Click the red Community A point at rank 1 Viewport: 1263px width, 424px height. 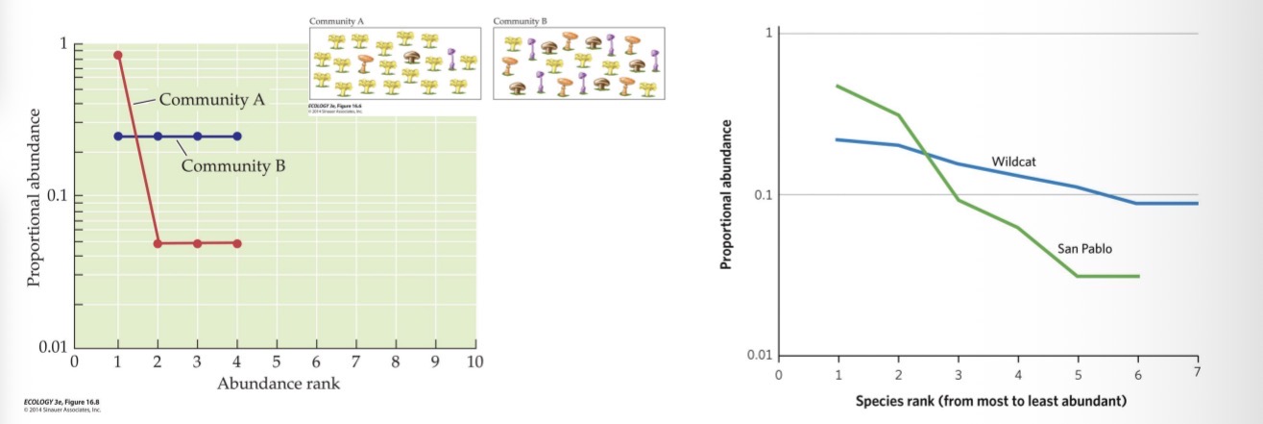pos(118,55)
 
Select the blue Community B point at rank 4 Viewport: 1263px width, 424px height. pos(237,137)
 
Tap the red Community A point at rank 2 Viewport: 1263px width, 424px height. pos(158,243)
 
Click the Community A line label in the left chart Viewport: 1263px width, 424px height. pos(211,99)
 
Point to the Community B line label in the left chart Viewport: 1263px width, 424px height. pos(234,165)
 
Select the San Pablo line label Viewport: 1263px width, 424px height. pos(1084,248)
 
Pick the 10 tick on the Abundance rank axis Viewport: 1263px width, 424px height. pos(474,362)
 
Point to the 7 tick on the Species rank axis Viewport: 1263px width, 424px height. pos(1197,372)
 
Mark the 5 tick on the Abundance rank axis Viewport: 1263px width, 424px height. pos(277,362)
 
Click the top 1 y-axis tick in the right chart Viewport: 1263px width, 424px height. pos(767,34)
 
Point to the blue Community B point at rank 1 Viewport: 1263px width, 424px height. pos(118,137)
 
